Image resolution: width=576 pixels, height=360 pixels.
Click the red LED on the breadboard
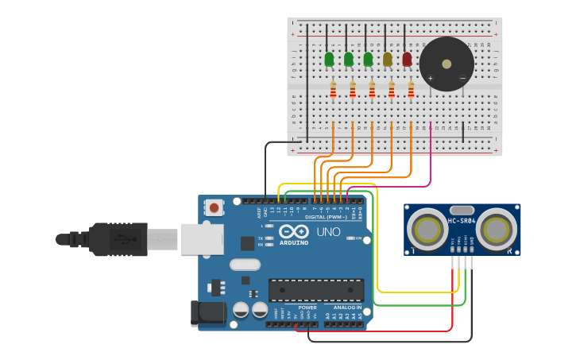[x=408, y=59]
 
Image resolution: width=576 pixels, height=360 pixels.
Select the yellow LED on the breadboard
[x=388, y=59]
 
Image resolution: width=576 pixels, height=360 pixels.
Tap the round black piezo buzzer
[x=446, y=64]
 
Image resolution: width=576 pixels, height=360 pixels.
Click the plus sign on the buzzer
[x=431, y=78]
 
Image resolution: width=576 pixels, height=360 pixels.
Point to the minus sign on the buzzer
[x=462, y=78]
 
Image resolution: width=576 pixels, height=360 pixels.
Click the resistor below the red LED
[x=411, y=90]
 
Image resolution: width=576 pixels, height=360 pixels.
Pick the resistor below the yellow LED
[x=392, y=90]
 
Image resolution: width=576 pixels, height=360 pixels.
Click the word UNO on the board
[x=328, y=232]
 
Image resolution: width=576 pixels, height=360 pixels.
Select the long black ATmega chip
[x=315, y=290]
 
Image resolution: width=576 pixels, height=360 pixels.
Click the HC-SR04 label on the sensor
[x=462, y=221]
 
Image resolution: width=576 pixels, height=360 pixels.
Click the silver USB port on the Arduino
[x=202, y=239]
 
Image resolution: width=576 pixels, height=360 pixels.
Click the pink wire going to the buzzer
[x=431, y=159]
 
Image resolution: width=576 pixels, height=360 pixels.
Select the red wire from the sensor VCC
[x=452, y=302]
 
